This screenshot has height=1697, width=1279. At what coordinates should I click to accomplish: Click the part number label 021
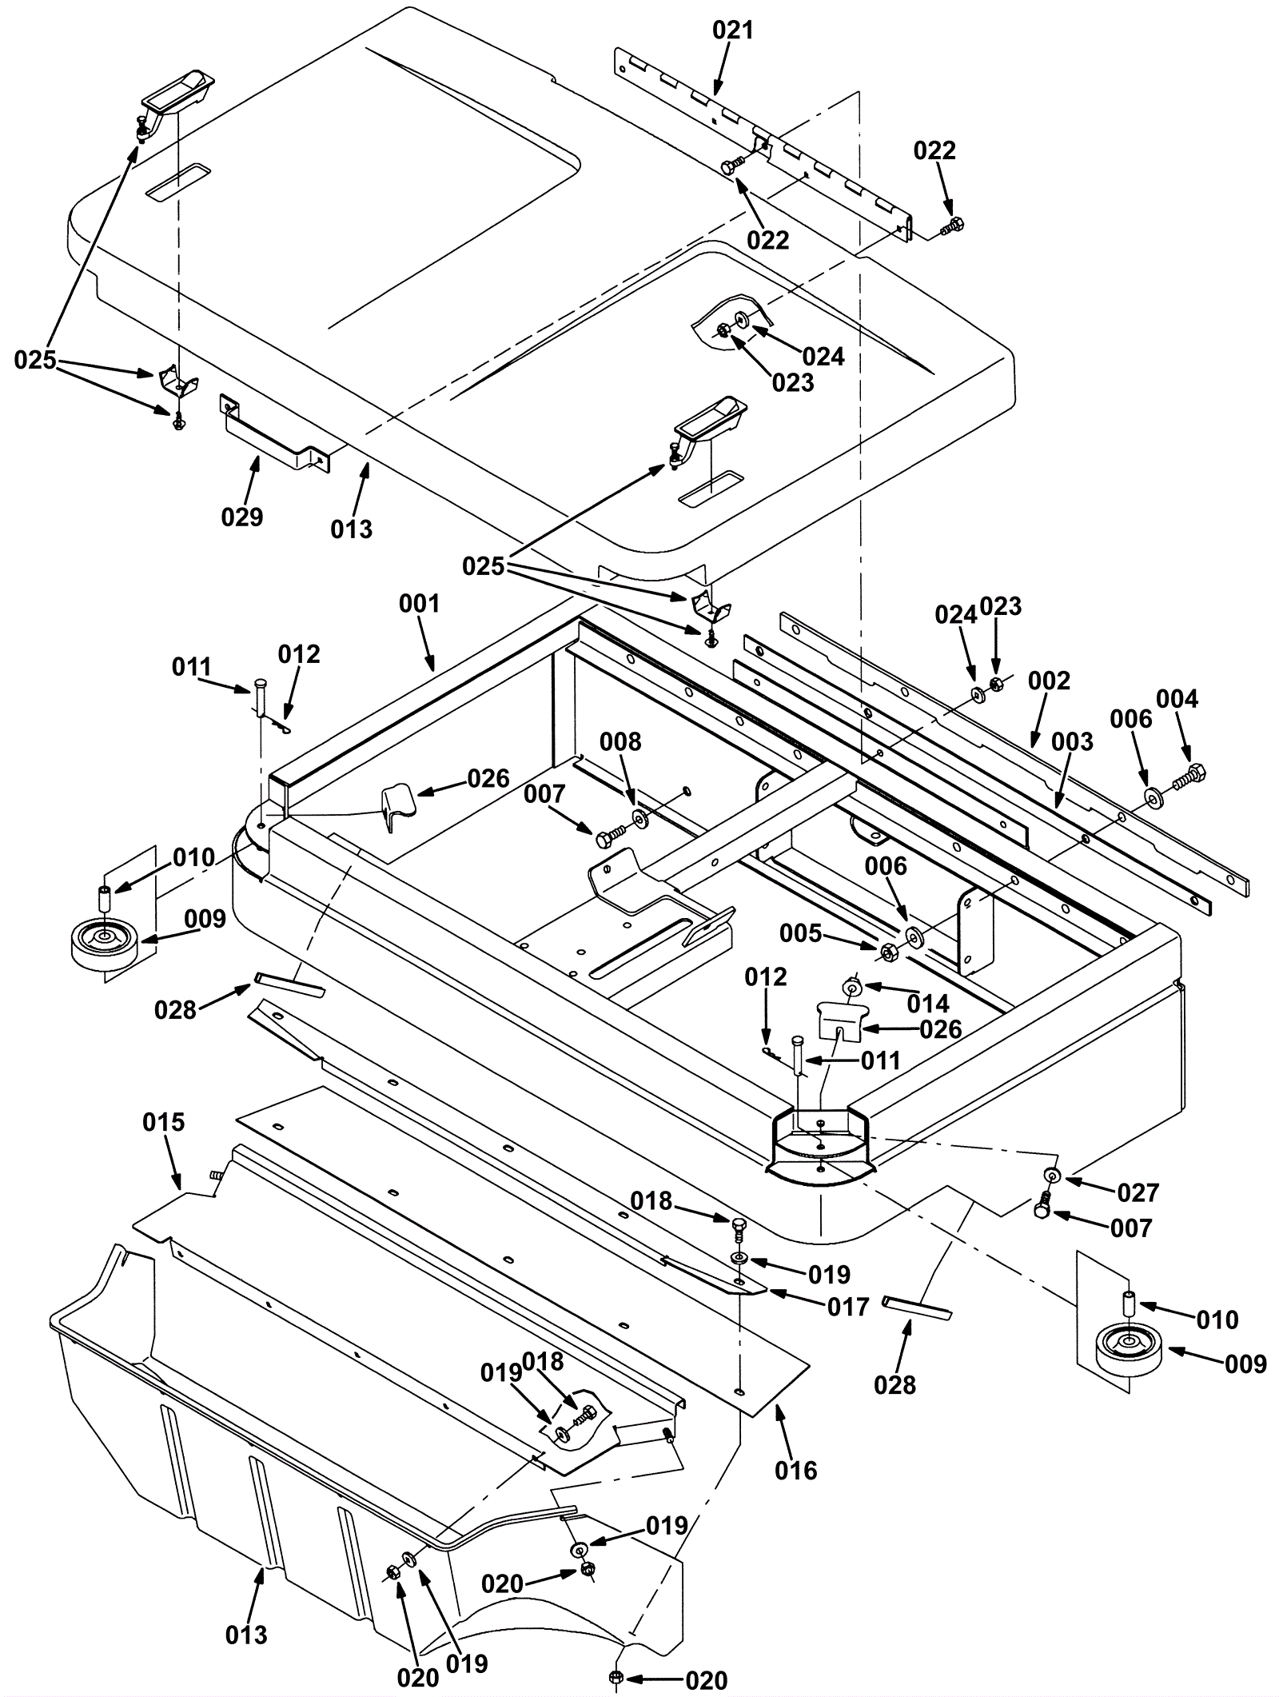[732, 31]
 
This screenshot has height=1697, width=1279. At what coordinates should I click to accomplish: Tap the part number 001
[420, 602]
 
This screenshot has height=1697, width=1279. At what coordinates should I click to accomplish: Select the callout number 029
[242, 517]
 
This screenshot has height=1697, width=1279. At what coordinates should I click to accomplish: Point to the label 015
[163, 1122]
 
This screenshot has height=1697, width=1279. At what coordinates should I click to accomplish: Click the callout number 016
[796, 1470]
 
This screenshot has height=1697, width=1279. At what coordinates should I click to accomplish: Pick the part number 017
[848, 1307]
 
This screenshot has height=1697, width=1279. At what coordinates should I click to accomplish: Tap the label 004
[1177, 699]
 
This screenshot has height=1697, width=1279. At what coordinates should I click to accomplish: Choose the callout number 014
[929, 1003]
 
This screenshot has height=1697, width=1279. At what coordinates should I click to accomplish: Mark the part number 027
[1138, 1192]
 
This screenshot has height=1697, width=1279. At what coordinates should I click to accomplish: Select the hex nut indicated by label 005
[887, 951]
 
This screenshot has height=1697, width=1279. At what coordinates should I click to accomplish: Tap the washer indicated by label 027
[1052, 1175]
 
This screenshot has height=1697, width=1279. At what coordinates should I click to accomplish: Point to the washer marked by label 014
[853, 988]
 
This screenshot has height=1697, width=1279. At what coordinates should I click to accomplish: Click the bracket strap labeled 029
[274, 432]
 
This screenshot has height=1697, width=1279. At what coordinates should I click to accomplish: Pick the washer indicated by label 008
[640, 818]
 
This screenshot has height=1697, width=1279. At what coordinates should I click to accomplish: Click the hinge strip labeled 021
[762, 142]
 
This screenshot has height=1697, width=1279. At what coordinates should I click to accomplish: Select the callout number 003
[1072, 741]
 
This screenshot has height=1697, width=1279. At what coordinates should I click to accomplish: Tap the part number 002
[1049, 681]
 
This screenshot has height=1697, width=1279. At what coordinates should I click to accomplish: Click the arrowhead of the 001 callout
[432, 668]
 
